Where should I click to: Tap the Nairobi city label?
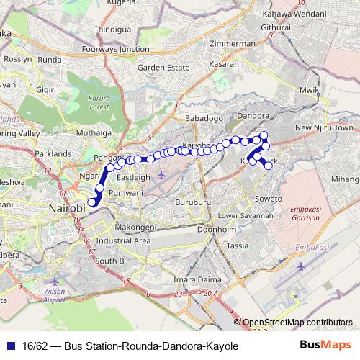pyautogui.click(x=67, y=208)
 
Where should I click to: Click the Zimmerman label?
pyautogui.click(x=231, y=43)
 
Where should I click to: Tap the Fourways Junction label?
pyautogui.click(x=115, y=49)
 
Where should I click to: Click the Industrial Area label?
pyautogui.click(x=122, y=240)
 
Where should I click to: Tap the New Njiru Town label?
pyautogui.click(x=325, y=128)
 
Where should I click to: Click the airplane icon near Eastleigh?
pyautogui.click(x=160, y=175)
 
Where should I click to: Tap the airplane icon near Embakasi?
pyautogui.click(x=301, y=267)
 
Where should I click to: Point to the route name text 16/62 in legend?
pyautogui.click(x=32, y=346)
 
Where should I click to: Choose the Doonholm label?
pyautogui.click(x=217, y=229)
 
